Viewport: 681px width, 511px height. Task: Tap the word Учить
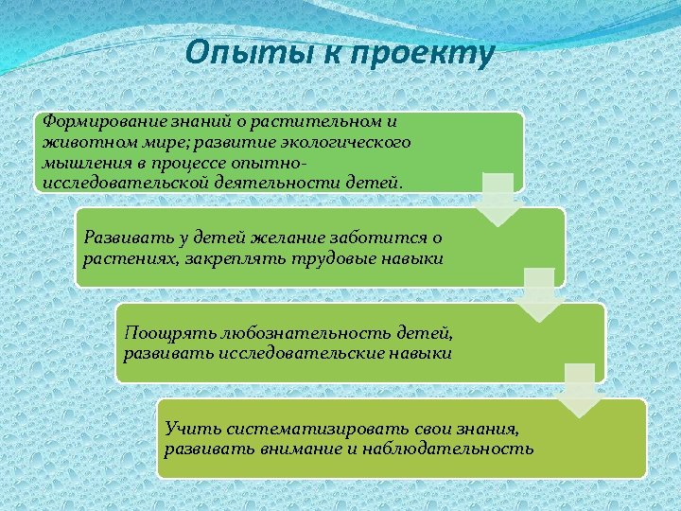point(186,430)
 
